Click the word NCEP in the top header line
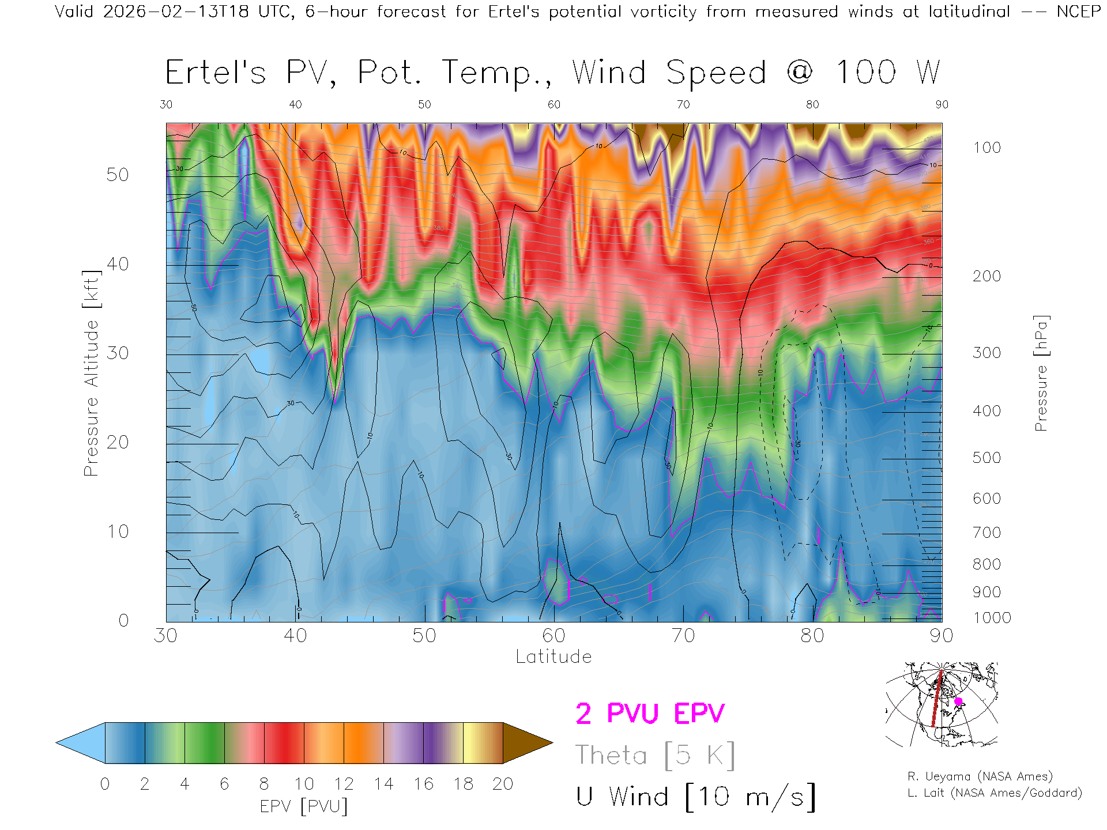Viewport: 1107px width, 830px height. tap(1078, 12)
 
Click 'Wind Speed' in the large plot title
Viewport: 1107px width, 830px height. tap(669, 73)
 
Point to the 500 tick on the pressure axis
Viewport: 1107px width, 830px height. tap(986, 458)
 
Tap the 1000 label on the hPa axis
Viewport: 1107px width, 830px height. tap(992, 618)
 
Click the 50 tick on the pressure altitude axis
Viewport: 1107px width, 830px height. tap(117, 175)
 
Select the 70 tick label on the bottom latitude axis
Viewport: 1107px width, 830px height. tap(683, 636)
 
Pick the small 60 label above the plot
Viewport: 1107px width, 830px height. tap(553, 104)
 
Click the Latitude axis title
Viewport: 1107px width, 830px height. tap(553, 657)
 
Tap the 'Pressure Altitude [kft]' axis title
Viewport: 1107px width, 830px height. tap(91, 373)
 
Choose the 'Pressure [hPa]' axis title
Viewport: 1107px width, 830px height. tap(1041, 373)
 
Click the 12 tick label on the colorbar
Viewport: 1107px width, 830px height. tap(344, 784)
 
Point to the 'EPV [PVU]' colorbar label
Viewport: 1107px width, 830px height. tap(304, 806)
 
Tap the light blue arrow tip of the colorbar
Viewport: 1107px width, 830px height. tap(81, 743)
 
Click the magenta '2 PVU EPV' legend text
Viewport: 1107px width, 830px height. tap(650, 714)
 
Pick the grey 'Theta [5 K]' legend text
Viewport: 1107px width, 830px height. tap(655, 755)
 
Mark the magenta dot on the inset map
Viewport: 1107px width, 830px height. tap(958, 701)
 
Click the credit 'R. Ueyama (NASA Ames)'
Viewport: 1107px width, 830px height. tap(980, 776)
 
